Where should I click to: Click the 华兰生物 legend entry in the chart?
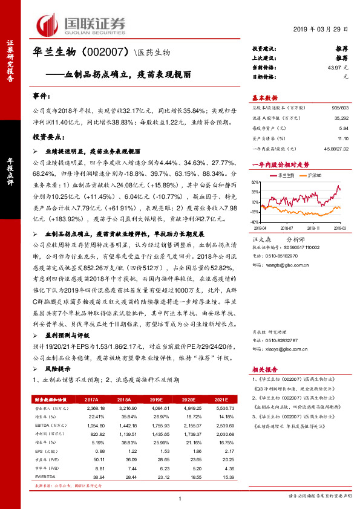point(286,175)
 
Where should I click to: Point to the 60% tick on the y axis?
point(257,181)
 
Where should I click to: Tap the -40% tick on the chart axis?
point(256,222)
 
